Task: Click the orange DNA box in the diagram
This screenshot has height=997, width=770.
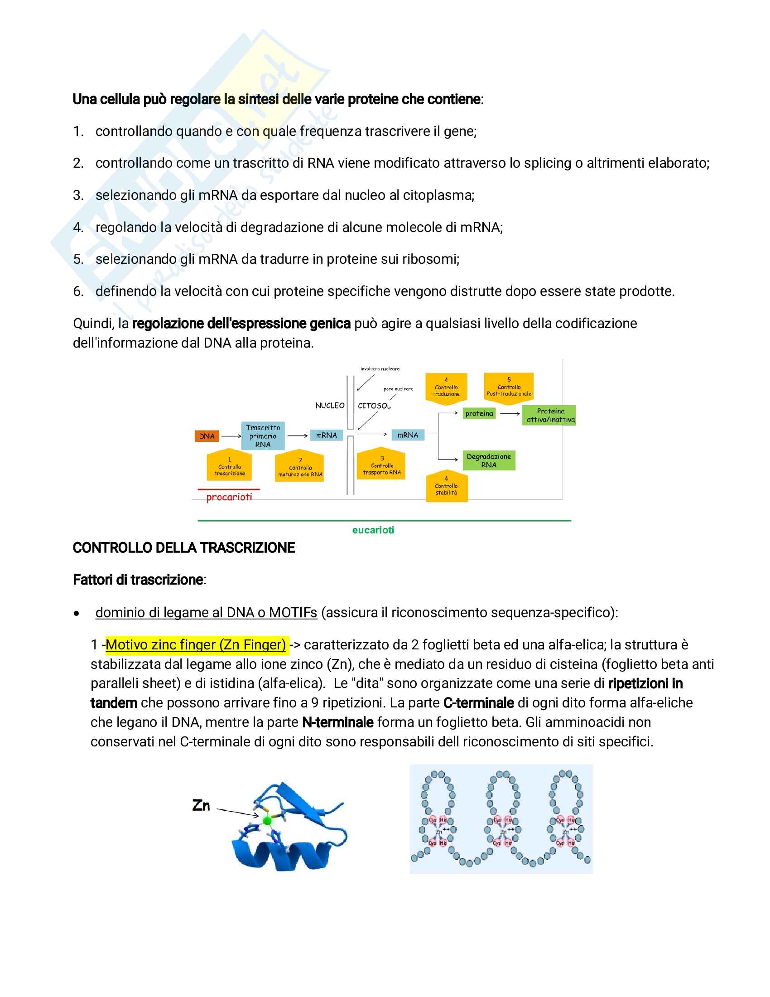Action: pyautogui.click(x=207, y=436)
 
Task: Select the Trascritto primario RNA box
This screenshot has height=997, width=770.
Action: pyautogui.click(x=263, y=436)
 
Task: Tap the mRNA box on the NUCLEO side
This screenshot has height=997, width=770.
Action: pyautogui.click(x=326, y=435)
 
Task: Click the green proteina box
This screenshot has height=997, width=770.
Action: pyautogui.click(x=479, y=414)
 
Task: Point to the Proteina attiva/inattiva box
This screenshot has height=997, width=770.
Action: pyautogui.click(x=549, y=416)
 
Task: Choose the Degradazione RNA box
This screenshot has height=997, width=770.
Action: pyautogui.click(x=489, y=460)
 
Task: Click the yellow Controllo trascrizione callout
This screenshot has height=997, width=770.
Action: pyautogui.click(x=230, y=467)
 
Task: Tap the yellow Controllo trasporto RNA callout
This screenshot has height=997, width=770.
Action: pyautogui.click(x=381, y=465)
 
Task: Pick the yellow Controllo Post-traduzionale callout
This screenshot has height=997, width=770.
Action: pyautogui.click(x=509, y=387)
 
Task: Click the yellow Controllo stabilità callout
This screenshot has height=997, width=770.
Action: pyautogui.click(x=447, y=488)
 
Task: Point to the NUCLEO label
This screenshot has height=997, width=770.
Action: pyautogui.click(x=330, y=406)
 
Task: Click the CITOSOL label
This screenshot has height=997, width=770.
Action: pyautogui.click(x=374, y=406)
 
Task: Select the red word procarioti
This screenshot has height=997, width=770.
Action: pyautogui.click(x=229, y=497)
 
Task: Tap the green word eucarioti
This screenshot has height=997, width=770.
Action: pyautogui.click(x=373, y=530)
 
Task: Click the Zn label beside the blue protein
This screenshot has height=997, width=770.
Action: pyautogui.click(x=201, y=806)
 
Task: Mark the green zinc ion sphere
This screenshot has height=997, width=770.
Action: pyautogui.click(x=267, y=821)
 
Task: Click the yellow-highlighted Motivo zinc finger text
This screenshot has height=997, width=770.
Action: pyautogui.click(x=196, y=644)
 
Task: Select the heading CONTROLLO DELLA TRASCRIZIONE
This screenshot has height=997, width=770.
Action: pyautogui.click(x=184, y=548)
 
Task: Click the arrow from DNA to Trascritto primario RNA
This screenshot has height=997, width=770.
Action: pyautogui.click(x=231, y=436)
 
